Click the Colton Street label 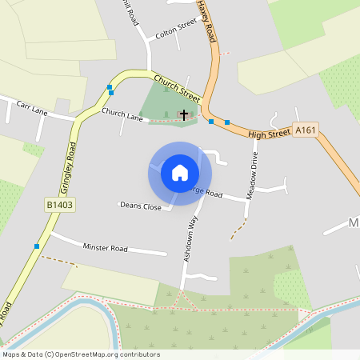[176, 26]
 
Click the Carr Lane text [32, 108]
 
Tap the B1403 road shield [58, 206]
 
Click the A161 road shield [303, 130]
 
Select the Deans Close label [140, 206]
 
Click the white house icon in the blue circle [180, 172]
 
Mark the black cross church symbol [184, 115]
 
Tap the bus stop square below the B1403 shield [37, 246]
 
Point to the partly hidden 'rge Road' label [206, 193]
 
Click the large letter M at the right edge [354, 222]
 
